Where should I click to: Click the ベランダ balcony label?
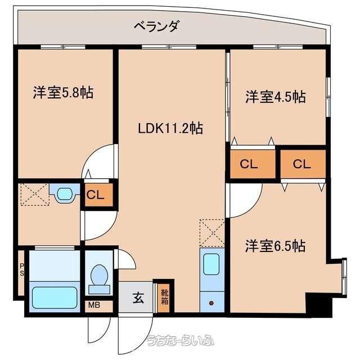coord(156,26)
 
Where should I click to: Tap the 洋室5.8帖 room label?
coord(63,92)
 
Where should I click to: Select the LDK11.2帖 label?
coord(170,128)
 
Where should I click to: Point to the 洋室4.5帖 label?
coord(275,97)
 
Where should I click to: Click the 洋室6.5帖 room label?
coord(275,246)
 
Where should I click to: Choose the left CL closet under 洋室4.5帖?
coord(253,164)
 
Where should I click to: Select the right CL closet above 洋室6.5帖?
coord(303,164)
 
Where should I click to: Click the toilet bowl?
coord(99,275)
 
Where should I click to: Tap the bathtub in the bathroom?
coord(55,298)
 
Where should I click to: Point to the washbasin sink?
coord(65,194)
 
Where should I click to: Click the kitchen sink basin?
coord(211,264)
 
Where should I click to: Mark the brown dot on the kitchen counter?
coord(211,303)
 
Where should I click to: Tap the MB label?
coord(94,305)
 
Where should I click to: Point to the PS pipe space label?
coord(22,270)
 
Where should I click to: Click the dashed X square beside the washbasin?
coord(35,194)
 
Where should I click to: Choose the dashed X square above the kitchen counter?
coord(212,233)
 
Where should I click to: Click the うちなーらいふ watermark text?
coord(181,341)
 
